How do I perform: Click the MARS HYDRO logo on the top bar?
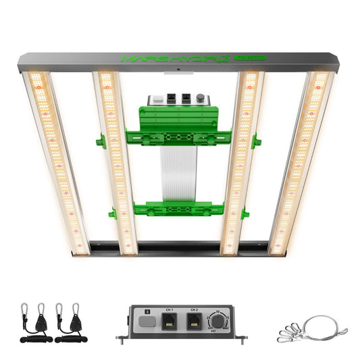click(x=174, y=59)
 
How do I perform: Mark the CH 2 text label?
click(x=194, y=310)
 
